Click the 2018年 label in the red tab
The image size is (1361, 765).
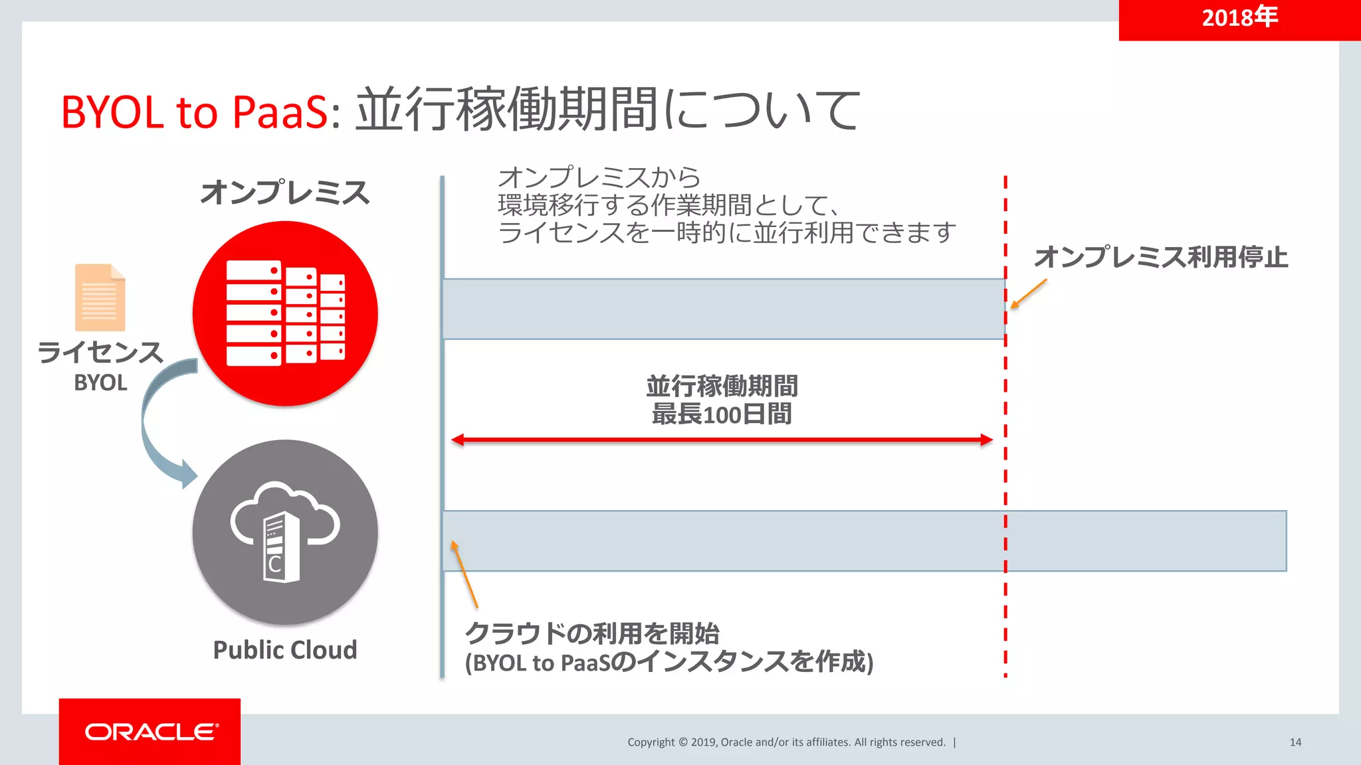click(1239, 17)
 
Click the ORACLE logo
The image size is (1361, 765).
click(151, 732)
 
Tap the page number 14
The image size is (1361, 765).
click(1295, 742)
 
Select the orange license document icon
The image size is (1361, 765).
click(100, 297)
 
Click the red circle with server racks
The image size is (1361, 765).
click(285, 313)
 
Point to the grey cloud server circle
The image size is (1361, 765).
click(285, 532)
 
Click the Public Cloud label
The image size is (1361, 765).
click(285, 649)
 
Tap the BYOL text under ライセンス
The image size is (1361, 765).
click(100, 383)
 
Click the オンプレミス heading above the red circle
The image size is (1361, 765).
click(285, 193)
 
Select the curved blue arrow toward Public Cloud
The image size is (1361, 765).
click(159, 425)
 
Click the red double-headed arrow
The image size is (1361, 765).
click(722, 440)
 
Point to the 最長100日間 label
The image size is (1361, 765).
click(722, 415)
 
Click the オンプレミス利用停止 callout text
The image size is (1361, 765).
click(1161, 257)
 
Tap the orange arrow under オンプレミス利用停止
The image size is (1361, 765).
click(1028, 294)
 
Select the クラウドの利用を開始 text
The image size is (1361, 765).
click(592, 634)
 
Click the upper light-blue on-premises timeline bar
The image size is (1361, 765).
click(723, 309)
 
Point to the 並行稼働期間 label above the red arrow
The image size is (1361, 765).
click(722, 386)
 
